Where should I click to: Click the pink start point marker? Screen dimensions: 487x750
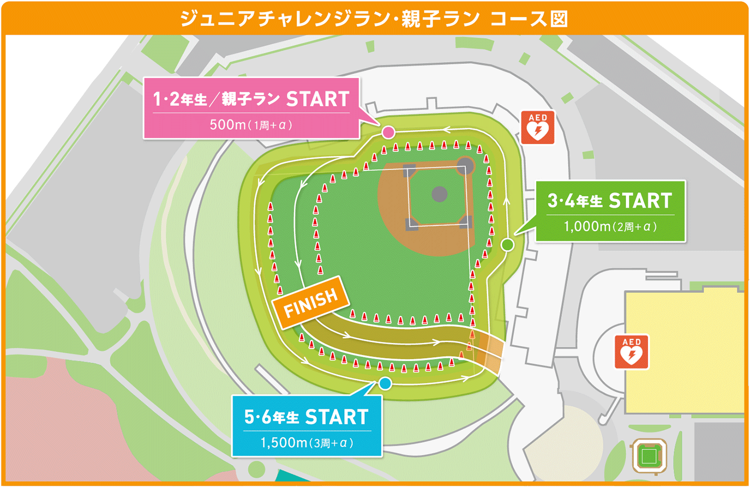tap(388, 132)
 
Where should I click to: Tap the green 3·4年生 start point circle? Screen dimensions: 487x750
tap(507, 244)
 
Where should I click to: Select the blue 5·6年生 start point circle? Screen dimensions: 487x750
tap(385, 383)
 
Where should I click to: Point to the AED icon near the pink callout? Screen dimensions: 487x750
tap(538, 127)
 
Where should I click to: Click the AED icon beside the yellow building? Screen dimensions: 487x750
tap(631, 352)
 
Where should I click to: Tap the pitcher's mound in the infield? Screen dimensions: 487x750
tap(439, 193)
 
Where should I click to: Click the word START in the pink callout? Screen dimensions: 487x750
tap(317, 99)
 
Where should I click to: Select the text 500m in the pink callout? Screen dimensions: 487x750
tap(227, 124)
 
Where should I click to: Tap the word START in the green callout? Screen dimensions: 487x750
tap(640, 201)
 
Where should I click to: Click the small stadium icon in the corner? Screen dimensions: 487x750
tap(649, 455)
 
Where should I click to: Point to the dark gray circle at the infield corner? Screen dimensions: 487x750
tap(465, 164)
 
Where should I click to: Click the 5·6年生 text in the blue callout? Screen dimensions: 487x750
tap(271, 417)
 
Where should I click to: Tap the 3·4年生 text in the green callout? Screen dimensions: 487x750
tap(574, 201)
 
